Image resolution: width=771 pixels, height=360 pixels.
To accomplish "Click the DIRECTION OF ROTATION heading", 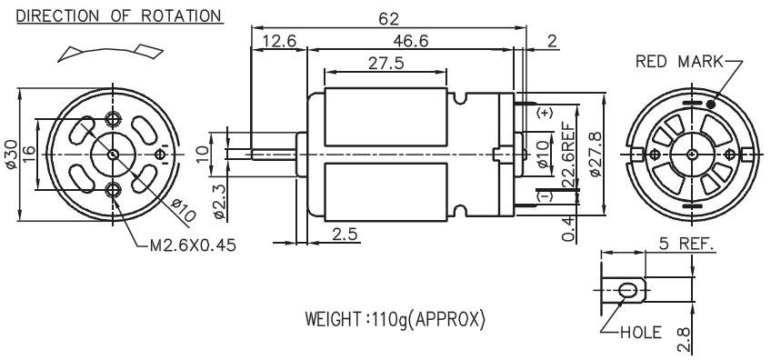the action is [119, 15].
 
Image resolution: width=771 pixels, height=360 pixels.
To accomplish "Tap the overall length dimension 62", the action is [388, 19].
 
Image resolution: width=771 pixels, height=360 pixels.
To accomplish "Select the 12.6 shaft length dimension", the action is [279, 41].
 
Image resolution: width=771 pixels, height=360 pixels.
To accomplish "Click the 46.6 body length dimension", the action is [411, 41].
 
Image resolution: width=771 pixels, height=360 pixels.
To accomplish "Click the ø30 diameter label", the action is [11, 155].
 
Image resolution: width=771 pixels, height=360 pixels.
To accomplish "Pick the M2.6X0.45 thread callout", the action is [193, 245].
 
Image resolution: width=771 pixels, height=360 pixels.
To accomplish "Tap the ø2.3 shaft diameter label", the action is [219, 201].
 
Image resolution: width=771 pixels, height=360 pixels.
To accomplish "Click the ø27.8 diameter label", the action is [595, 154].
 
